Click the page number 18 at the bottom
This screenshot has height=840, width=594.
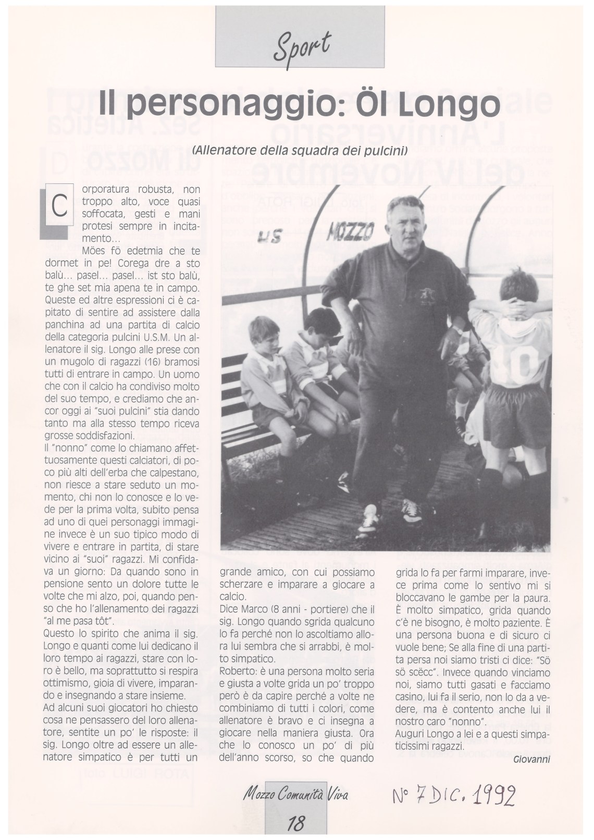tap(295, 823)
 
